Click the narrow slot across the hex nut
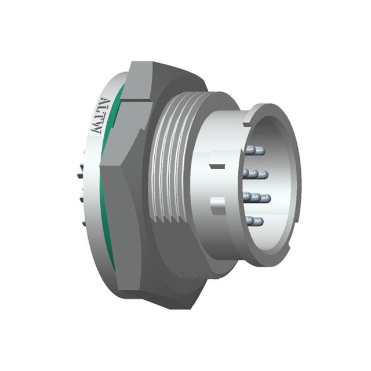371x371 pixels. tap(136, 100)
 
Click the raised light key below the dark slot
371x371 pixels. tap(218, 206)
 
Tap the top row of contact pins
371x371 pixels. tap(255, 150)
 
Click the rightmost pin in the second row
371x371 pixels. tap(263, 174)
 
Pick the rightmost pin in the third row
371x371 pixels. tap(264, 198)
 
